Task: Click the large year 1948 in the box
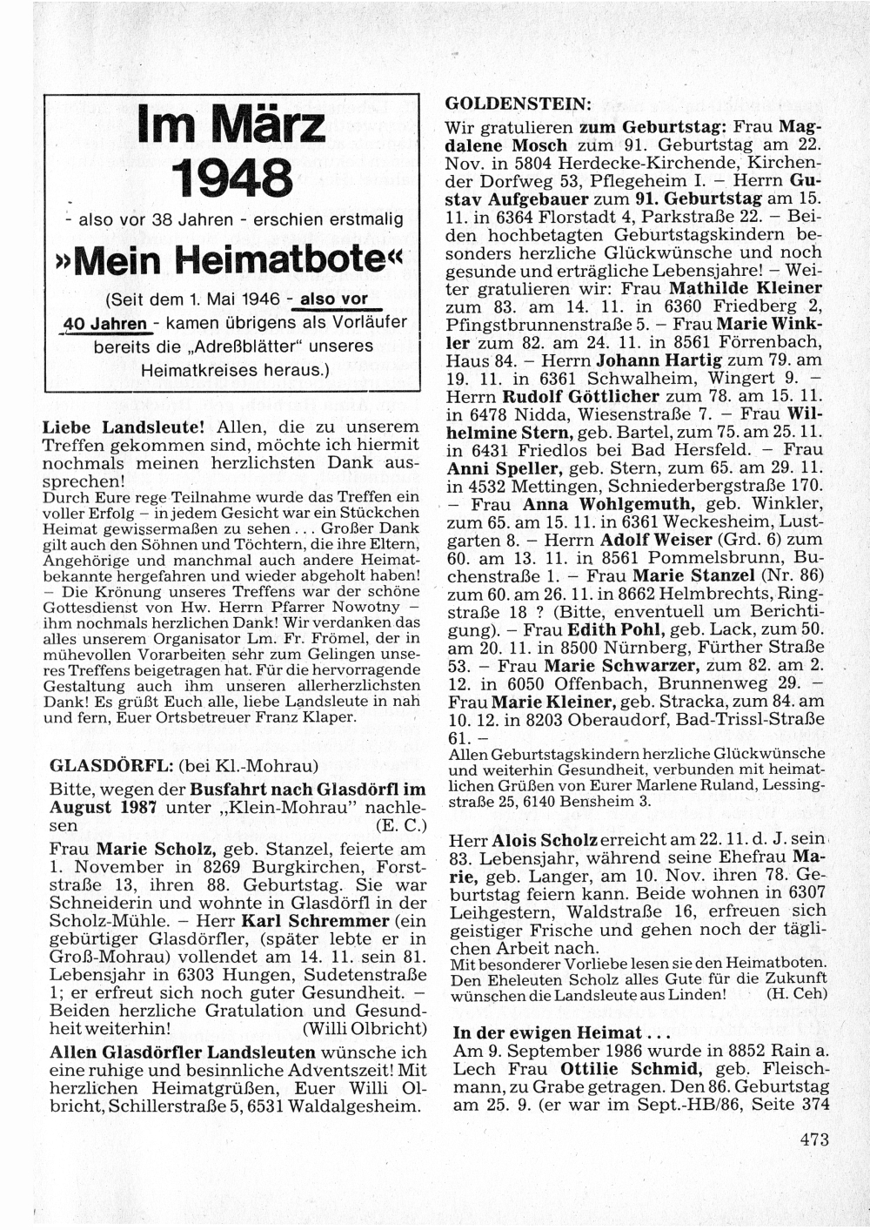231,178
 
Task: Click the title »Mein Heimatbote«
231,259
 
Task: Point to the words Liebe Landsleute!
124,427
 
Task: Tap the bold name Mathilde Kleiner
746,287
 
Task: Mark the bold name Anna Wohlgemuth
608,504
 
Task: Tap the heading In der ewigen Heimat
548,1033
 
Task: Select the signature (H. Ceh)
796,993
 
